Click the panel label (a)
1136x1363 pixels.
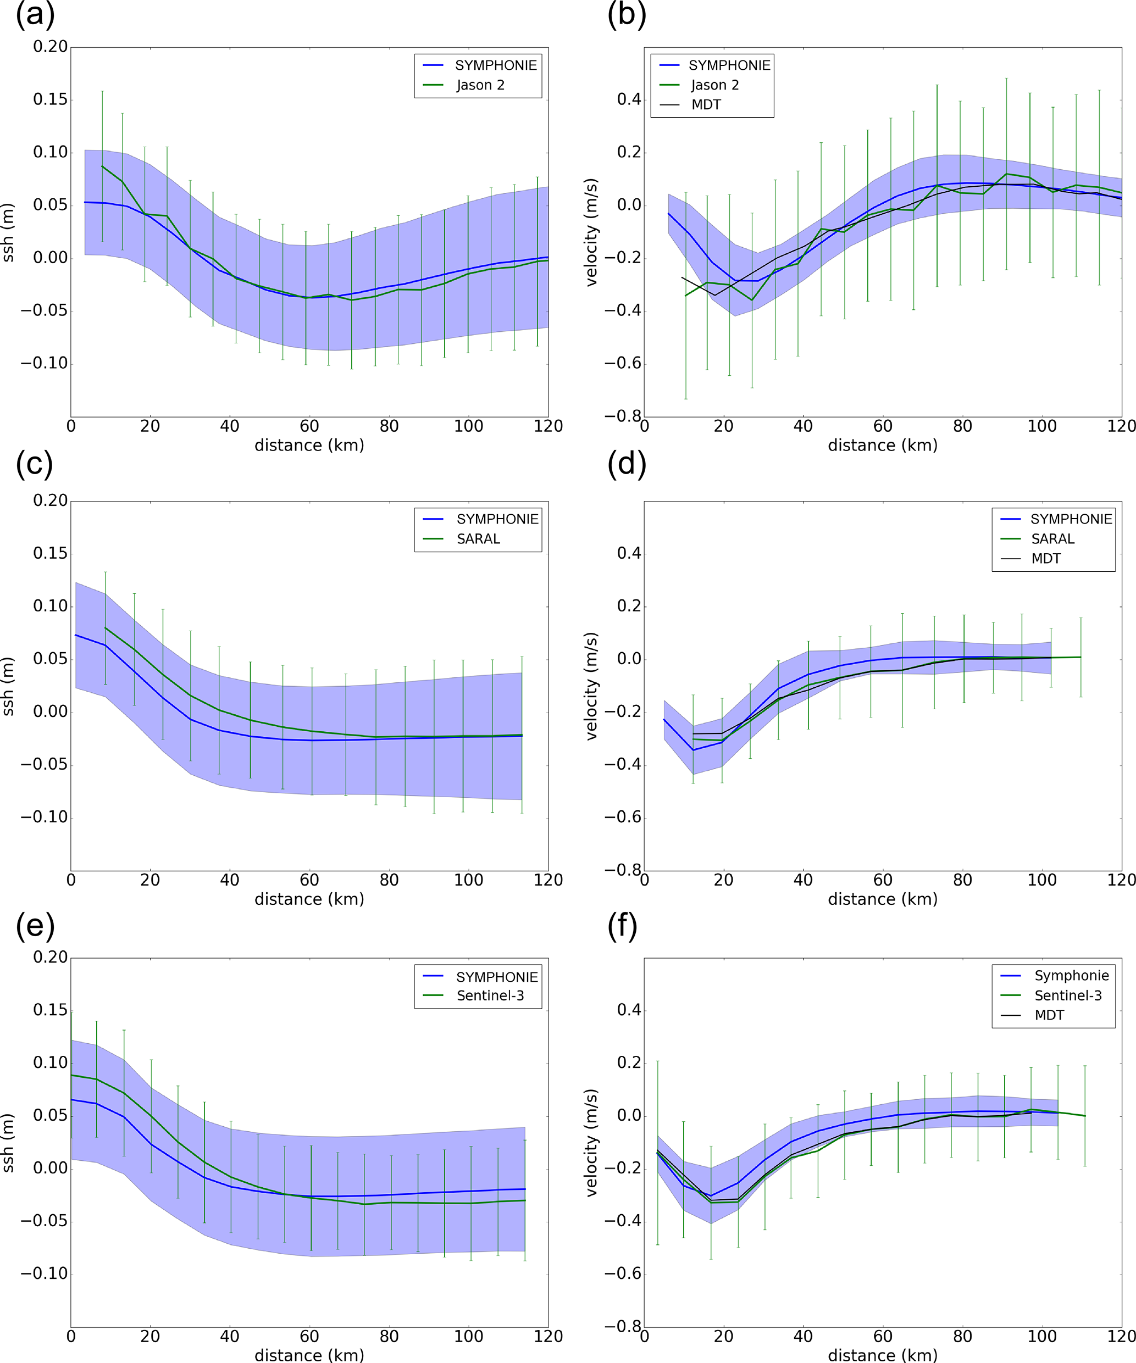coord(35,14)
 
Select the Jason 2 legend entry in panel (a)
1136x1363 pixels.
coord(480,85)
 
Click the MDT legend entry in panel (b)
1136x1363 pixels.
coord(706,104)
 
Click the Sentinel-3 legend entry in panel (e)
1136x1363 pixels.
coord(490,995)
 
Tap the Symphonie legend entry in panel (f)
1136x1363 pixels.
coord(1071,976)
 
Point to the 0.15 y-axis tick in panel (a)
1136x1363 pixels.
coord(51,99)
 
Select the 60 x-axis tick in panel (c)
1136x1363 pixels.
coord(309,880)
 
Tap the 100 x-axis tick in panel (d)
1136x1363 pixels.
coord(1042,880)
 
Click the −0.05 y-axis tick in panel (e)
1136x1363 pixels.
coord(44,1221)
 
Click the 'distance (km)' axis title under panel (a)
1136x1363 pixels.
coord(309,445)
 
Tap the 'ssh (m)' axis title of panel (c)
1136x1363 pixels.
coord(8,687)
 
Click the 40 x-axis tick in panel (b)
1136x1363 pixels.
coord(803,426)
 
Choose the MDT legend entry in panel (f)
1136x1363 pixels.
coord(1049,1015)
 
